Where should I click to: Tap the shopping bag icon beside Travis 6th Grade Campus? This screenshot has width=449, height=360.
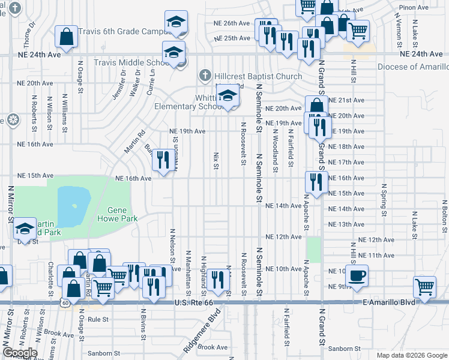pyautogui.click(x=66, y=37)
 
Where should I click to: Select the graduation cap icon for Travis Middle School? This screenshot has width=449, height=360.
pyautogui.click(x=173, y=52)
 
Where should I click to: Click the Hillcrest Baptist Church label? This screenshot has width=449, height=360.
pyautogui.click(x=259, y=76)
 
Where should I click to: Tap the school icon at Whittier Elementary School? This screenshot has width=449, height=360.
pyautogui.click(x=227, y=95)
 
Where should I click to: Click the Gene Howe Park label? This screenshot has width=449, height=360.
pyautogui.click(x=122, y=214)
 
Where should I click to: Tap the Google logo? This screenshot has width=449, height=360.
pyautogui.click(x=20, y=353)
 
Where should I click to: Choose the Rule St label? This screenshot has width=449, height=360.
pyautogui.click(x=97, y=320)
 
